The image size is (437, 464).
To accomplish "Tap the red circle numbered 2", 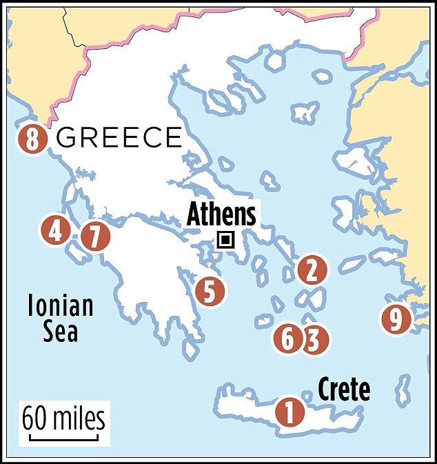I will coord(312,270).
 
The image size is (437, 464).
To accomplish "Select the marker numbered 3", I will coord(313,339).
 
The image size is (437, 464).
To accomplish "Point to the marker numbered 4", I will coord(54,231).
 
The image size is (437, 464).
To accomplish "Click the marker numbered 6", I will coord(288,339).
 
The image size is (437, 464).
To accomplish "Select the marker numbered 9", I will coord(395,319).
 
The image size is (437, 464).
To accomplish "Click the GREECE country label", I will coord(119,139).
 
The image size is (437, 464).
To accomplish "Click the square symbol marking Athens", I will coord(224,240).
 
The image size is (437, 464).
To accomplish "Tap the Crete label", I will coord(343,390).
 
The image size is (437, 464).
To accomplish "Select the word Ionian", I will coord(60,306).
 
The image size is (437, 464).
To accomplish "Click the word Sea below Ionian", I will coord(61,332).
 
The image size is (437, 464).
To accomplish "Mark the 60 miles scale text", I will coord(63,418).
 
